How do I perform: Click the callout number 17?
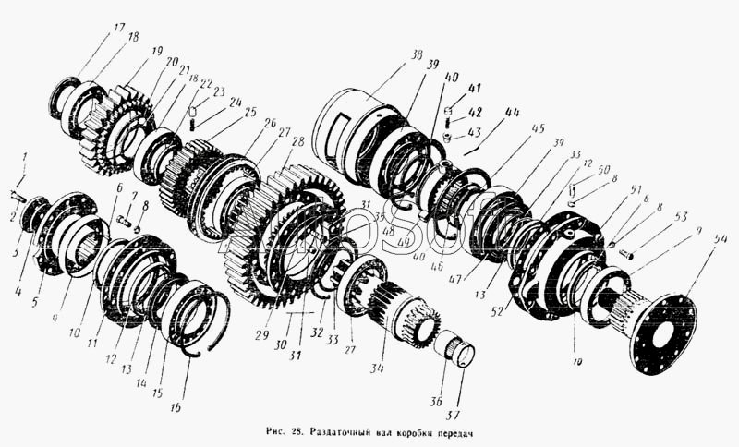(x=119, y=29)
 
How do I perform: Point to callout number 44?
(x=512, y=113)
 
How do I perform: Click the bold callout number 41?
(x=475, y=89)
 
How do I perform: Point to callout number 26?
(x=269, y=123)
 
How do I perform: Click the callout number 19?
(x=156, y=51)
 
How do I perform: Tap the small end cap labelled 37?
(x=462, y=353)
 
